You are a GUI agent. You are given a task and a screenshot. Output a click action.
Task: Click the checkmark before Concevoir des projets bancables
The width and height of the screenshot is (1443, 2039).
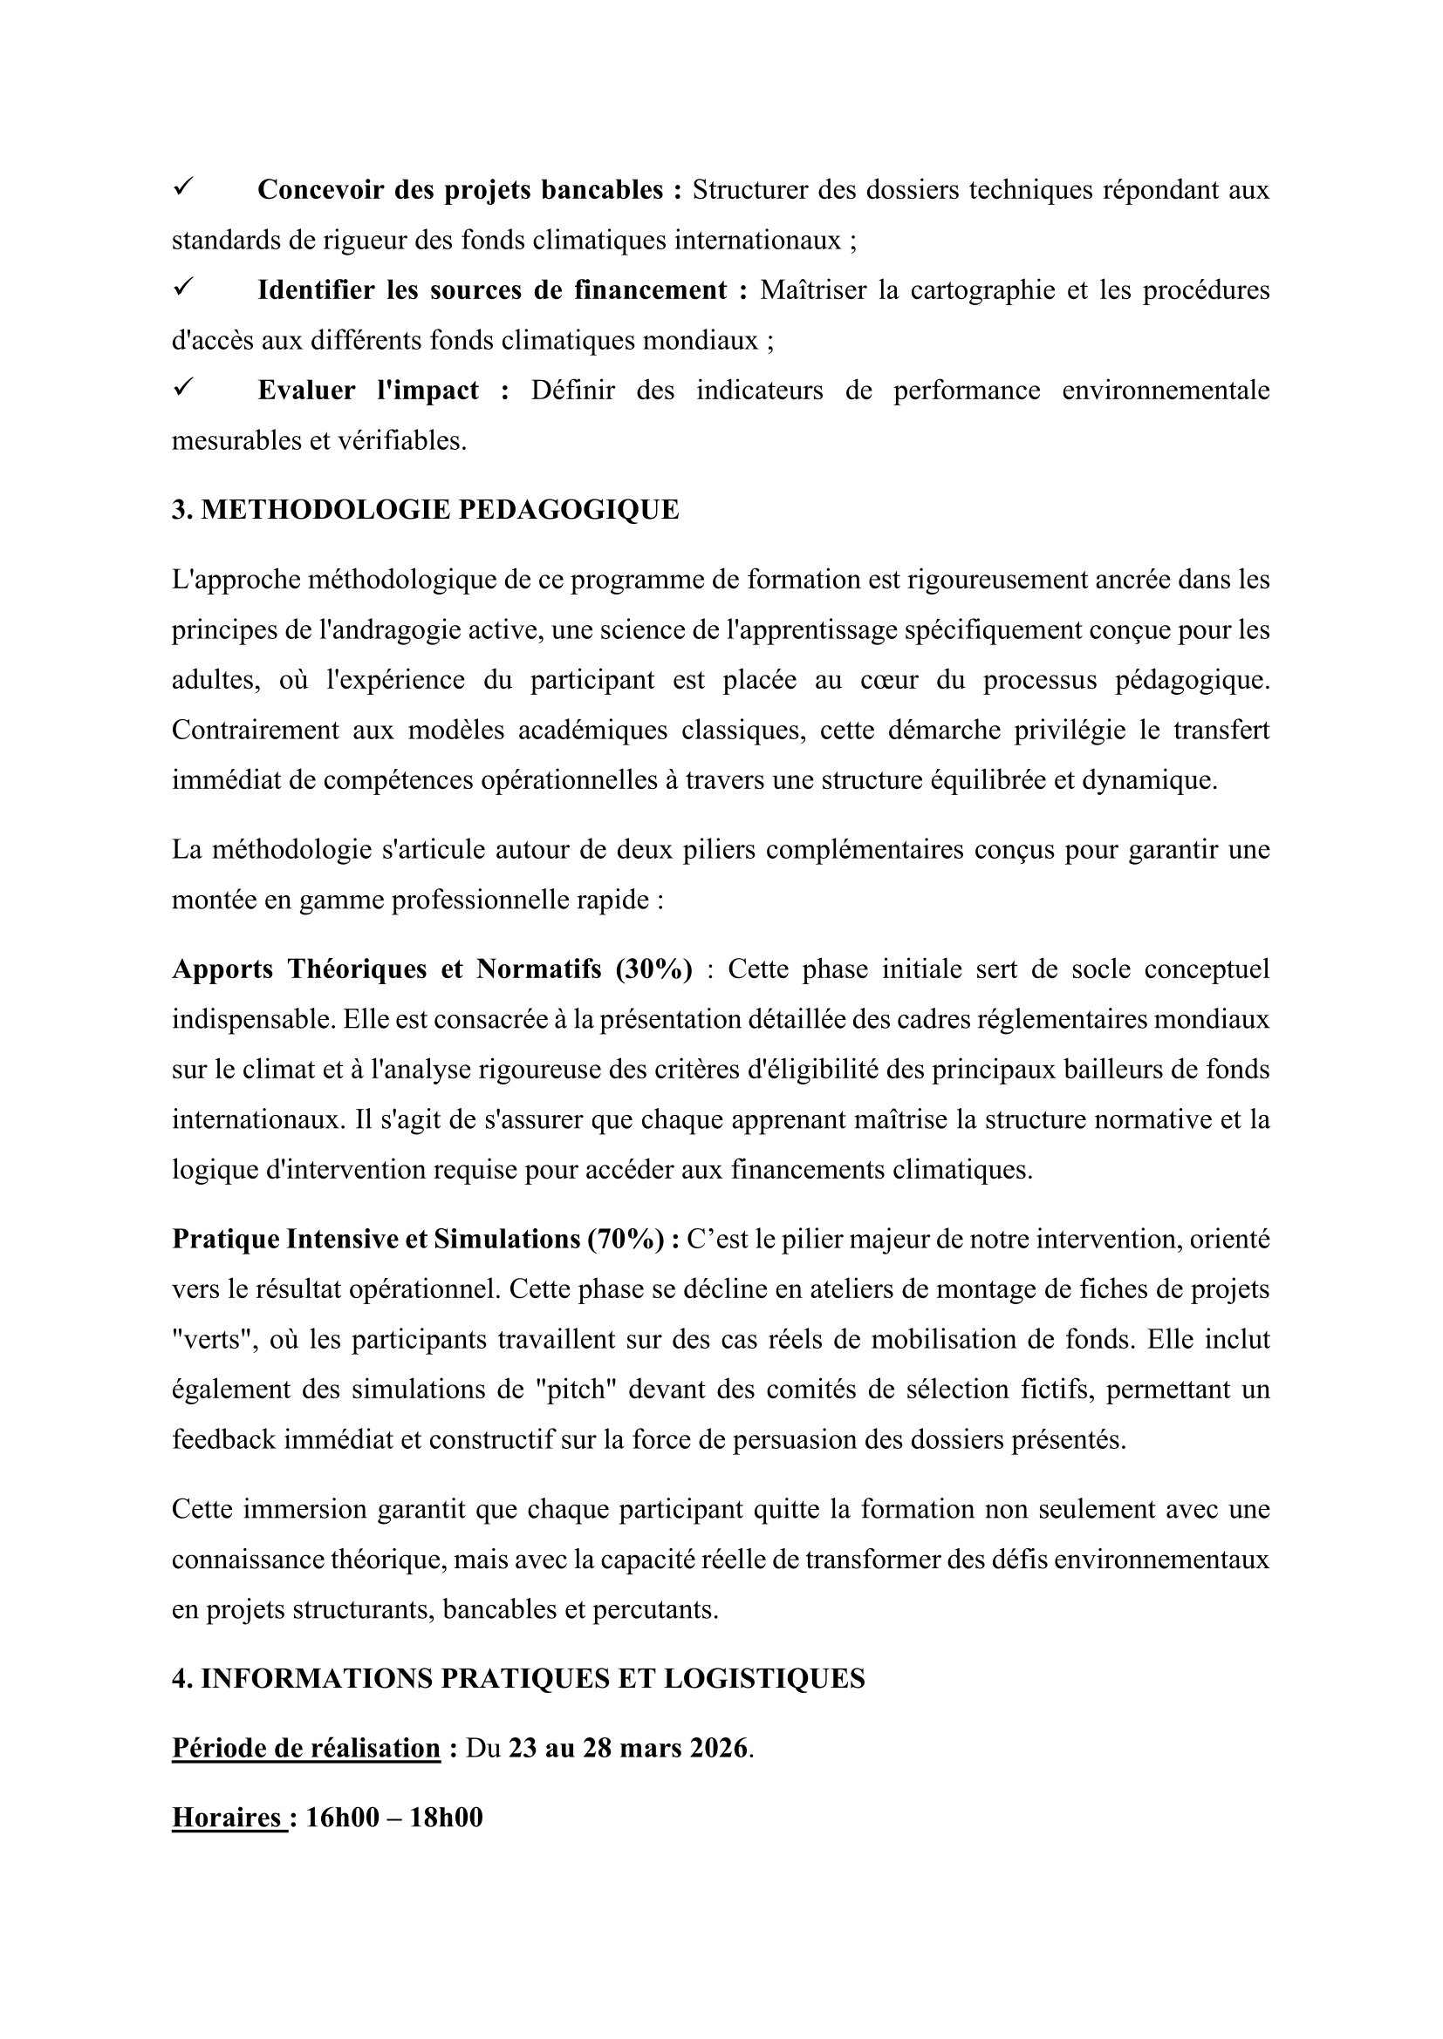(184, 187)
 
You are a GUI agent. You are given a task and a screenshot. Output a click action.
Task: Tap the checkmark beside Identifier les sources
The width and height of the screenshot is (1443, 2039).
(184, 288)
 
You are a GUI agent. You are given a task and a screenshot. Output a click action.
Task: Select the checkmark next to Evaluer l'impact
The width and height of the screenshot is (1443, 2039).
(184, 388)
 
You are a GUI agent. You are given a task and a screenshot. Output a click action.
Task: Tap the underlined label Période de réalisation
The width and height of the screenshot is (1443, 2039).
(305, 1748)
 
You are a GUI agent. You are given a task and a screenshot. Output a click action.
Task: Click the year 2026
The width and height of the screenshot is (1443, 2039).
(715, 1748)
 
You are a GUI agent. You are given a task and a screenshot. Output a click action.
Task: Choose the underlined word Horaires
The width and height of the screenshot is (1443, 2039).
(227, 1818)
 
